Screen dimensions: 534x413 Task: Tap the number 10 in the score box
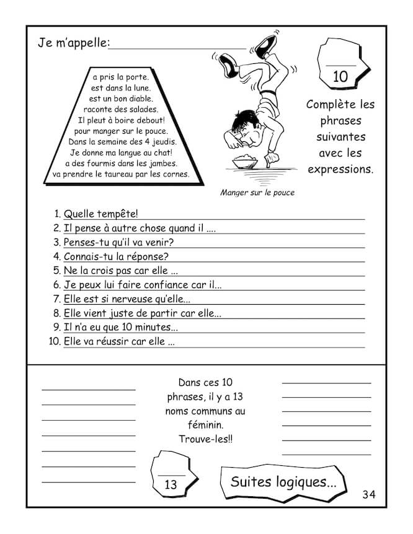pyautogui.click(x=340, y=77)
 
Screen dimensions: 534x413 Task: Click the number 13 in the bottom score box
pyautogui.click(x=171, y=484)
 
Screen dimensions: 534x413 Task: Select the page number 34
pyautogui.click(x=369, y=494)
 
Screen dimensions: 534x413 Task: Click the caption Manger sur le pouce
pyautogui.click(x=257, y=193)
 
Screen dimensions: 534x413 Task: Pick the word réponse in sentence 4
pyautogui.click(x=149, y=256)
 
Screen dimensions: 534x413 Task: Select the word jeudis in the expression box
pyautogui.click(x=151, y=141)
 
